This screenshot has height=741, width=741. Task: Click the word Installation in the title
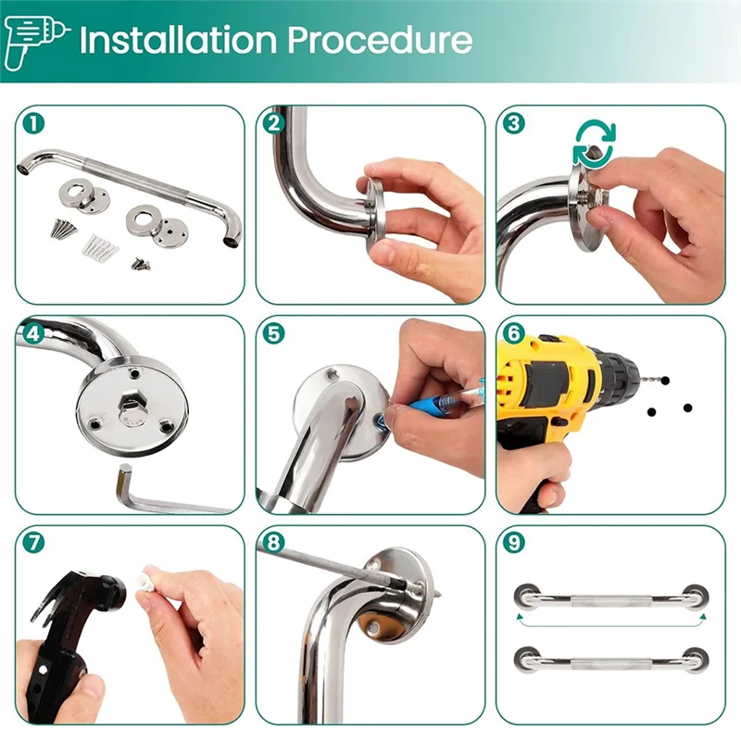(175, 41)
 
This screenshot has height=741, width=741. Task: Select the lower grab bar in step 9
(610, 659)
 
